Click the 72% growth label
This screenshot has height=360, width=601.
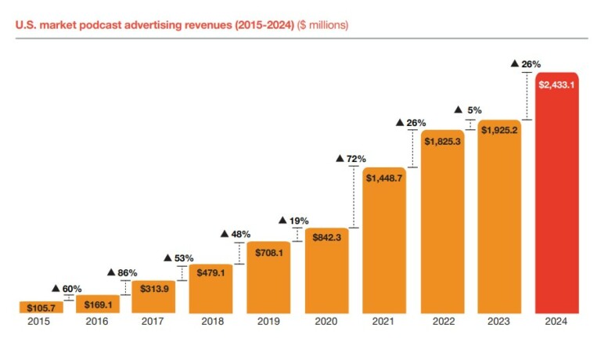click(x=351, y=159)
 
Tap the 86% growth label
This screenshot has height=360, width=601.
click(x=122, y=272)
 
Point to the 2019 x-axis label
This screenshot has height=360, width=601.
click(x=268, y=321)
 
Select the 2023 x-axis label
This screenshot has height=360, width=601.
click(x=498, y=321)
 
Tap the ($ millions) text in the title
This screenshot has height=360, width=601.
click(x=322, y=25)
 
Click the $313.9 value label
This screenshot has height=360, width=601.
click(x=153, y=288)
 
